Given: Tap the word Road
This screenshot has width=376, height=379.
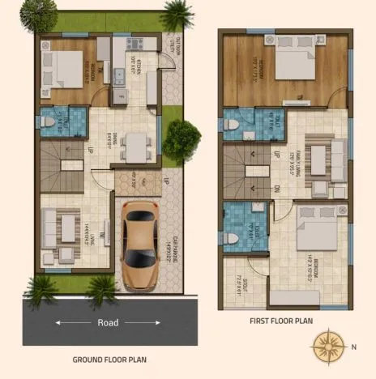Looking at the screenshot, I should pyautogui.click(x=107, y=323).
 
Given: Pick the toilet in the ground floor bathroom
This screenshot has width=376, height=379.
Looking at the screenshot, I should pyautogui.click(x=46, y=122).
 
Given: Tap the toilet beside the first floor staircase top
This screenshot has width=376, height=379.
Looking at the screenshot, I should pyautogui.click(x=233, y=126).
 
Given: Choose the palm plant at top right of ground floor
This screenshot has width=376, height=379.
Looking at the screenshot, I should pyautogui.click(x=176, y=15).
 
